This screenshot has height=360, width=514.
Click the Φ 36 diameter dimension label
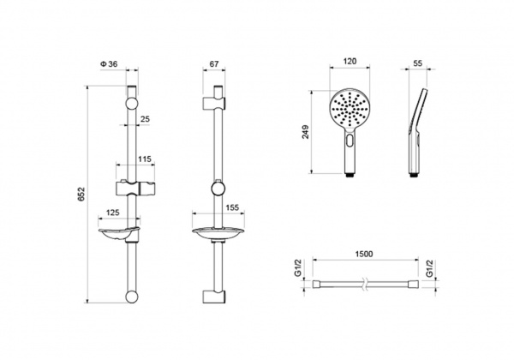pos(109,64)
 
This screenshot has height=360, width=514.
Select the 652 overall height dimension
pos(81,194)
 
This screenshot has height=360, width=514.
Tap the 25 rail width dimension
pos(145,119)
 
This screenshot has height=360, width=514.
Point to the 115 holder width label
pos(145,159)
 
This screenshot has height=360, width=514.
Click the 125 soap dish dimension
pos(113,213)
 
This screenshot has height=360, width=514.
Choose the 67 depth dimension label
pos(214,64)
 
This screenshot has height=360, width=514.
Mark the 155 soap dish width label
pos(232,208)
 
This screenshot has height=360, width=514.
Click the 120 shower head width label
pos(350,62)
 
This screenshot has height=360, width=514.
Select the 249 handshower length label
pos(306,132)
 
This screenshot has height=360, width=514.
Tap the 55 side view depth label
pos(418,63)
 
